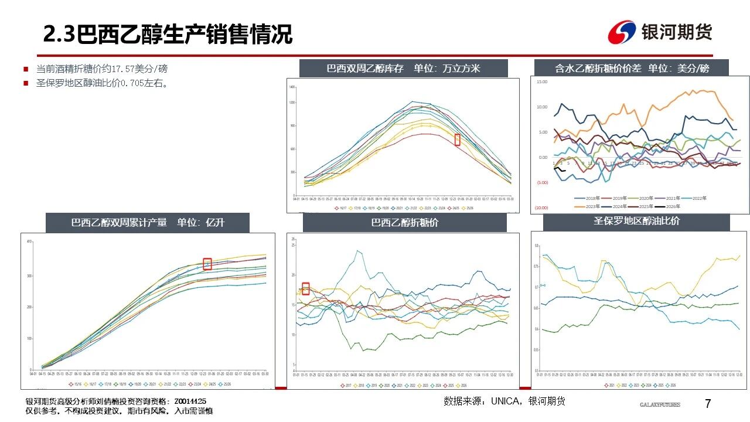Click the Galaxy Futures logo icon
(x=622, y=32)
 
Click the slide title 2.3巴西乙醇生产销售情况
(x=168, y=35)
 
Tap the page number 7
(x=707, y=404)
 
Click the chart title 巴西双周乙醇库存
(x=365, y=68)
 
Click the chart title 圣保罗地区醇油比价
(x=636, y=222)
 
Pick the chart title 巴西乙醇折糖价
(x=404, y=223)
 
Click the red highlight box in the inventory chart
(x=458, y=139)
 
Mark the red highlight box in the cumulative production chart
(x=207, y=264)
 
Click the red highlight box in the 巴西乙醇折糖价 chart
(x=305, y=288)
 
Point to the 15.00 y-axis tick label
(x=542, y=82)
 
